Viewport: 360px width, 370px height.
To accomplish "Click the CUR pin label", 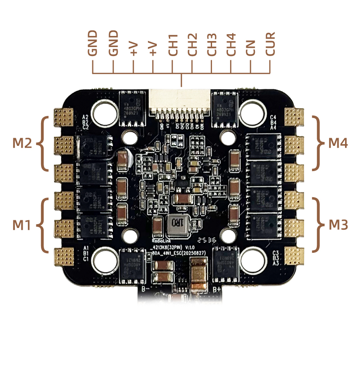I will (270, 44).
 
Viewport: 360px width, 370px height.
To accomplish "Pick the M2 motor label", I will (22, 143).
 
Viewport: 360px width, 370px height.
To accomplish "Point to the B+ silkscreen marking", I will (217, 290).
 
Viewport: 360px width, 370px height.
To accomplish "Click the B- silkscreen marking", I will (145, 290).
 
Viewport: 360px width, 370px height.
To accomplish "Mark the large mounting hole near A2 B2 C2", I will (105, 110).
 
